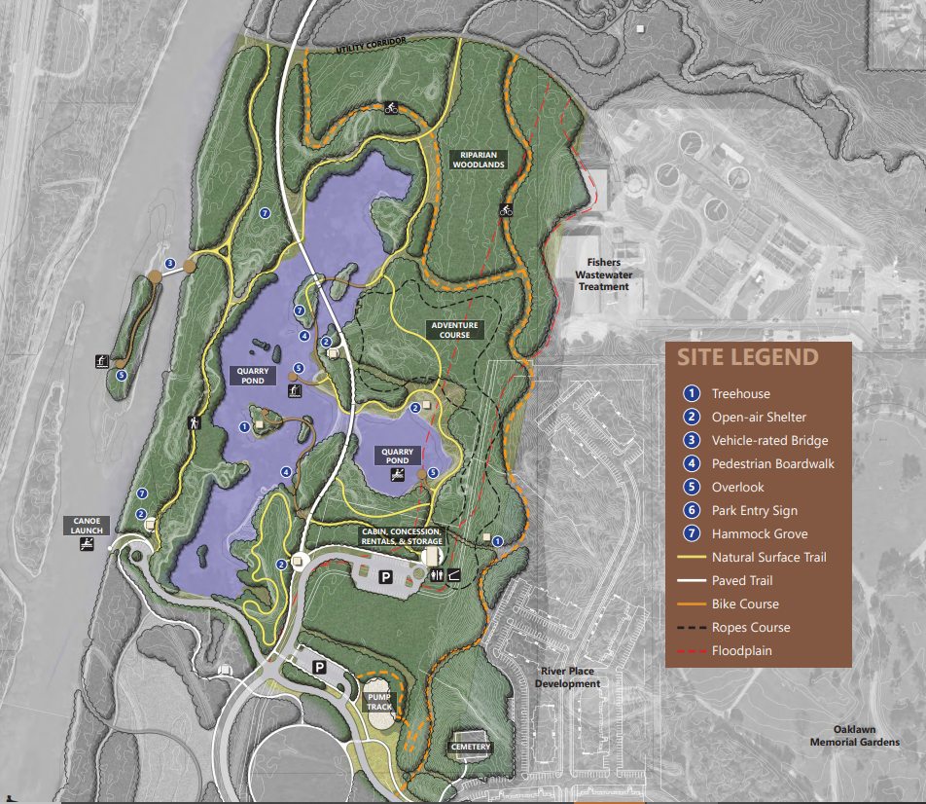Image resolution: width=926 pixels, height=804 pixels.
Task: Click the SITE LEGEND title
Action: [x=747, y=357]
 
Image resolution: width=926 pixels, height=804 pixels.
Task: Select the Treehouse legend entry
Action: [x=740, y=394]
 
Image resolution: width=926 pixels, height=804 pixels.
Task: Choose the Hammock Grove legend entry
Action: [x=759, y=534]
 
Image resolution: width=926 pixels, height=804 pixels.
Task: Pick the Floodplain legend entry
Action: [x=741, y=651]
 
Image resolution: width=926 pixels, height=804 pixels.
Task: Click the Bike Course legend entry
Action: [x=745, y=604]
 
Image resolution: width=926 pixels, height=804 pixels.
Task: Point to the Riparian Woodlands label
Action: [x=479, y=160]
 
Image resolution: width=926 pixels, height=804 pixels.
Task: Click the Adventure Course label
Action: [x=454, y=330]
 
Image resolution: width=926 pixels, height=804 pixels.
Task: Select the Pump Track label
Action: [x=378, y=702]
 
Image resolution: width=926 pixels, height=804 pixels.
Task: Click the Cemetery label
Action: [x=471, y=748]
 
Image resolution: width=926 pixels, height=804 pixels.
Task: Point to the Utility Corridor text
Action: [x=372, y=45]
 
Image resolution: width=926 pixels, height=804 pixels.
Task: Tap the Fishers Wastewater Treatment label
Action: [x=605, y=274]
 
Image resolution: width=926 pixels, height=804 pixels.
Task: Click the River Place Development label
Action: [x=567, y=677]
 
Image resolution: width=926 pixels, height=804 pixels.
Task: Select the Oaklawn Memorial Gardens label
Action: [x=854, y=736]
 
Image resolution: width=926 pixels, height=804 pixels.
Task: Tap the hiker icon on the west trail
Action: [x=193, y=423]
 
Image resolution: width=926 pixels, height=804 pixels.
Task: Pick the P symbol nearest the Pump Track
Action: [x=318, y=668]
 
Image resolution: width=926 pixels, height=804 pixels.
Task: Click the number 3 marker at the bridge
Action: [x=169, y=264]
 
